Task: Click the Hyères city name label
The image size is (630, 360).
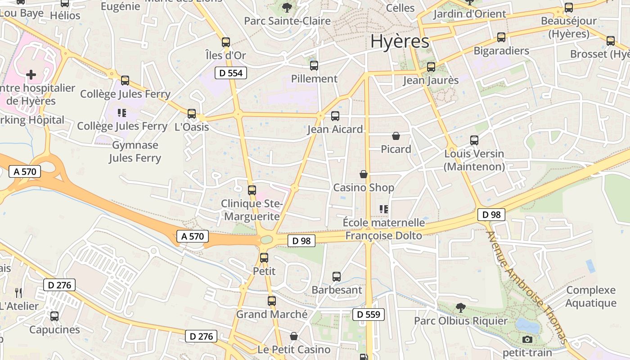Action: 399,41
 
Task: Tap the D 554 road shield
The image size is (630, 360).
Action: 231,73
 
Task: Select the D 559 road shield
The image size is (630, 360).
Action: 369,315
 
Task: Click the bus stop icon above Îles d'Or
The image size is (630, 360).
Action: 226,42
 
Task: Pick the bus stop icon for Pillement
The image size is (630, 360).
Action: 314,66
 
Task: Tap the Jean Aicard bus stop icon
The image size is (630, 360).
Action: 335,116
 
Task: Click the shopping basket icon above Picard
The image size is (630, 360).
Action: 396,136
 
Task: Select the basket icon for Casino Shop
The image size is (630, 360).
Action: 364,174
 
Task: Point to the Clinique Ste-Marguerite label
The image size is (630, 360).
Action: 252,210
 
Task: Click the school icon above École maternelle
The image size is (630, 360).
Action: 384,209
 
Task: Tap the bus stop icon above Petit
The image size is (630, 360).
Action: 264,258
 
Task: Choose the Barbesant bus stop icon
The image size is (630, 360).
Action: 337,277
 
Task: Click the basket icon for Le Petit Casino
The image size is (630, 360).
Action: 294,336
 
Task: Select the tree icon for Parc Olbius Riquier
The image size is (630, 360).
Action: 460,308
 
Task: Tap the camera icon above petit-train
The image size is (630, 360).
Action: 527,340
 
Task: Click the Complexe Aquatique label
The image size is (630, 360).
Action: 591,297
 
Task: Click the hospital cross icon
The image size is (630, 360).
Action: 31,74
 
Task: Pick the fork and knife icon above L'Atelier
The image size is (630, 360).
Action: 18,293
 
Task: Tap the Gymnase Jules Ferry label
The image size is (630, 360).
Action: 135,152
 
